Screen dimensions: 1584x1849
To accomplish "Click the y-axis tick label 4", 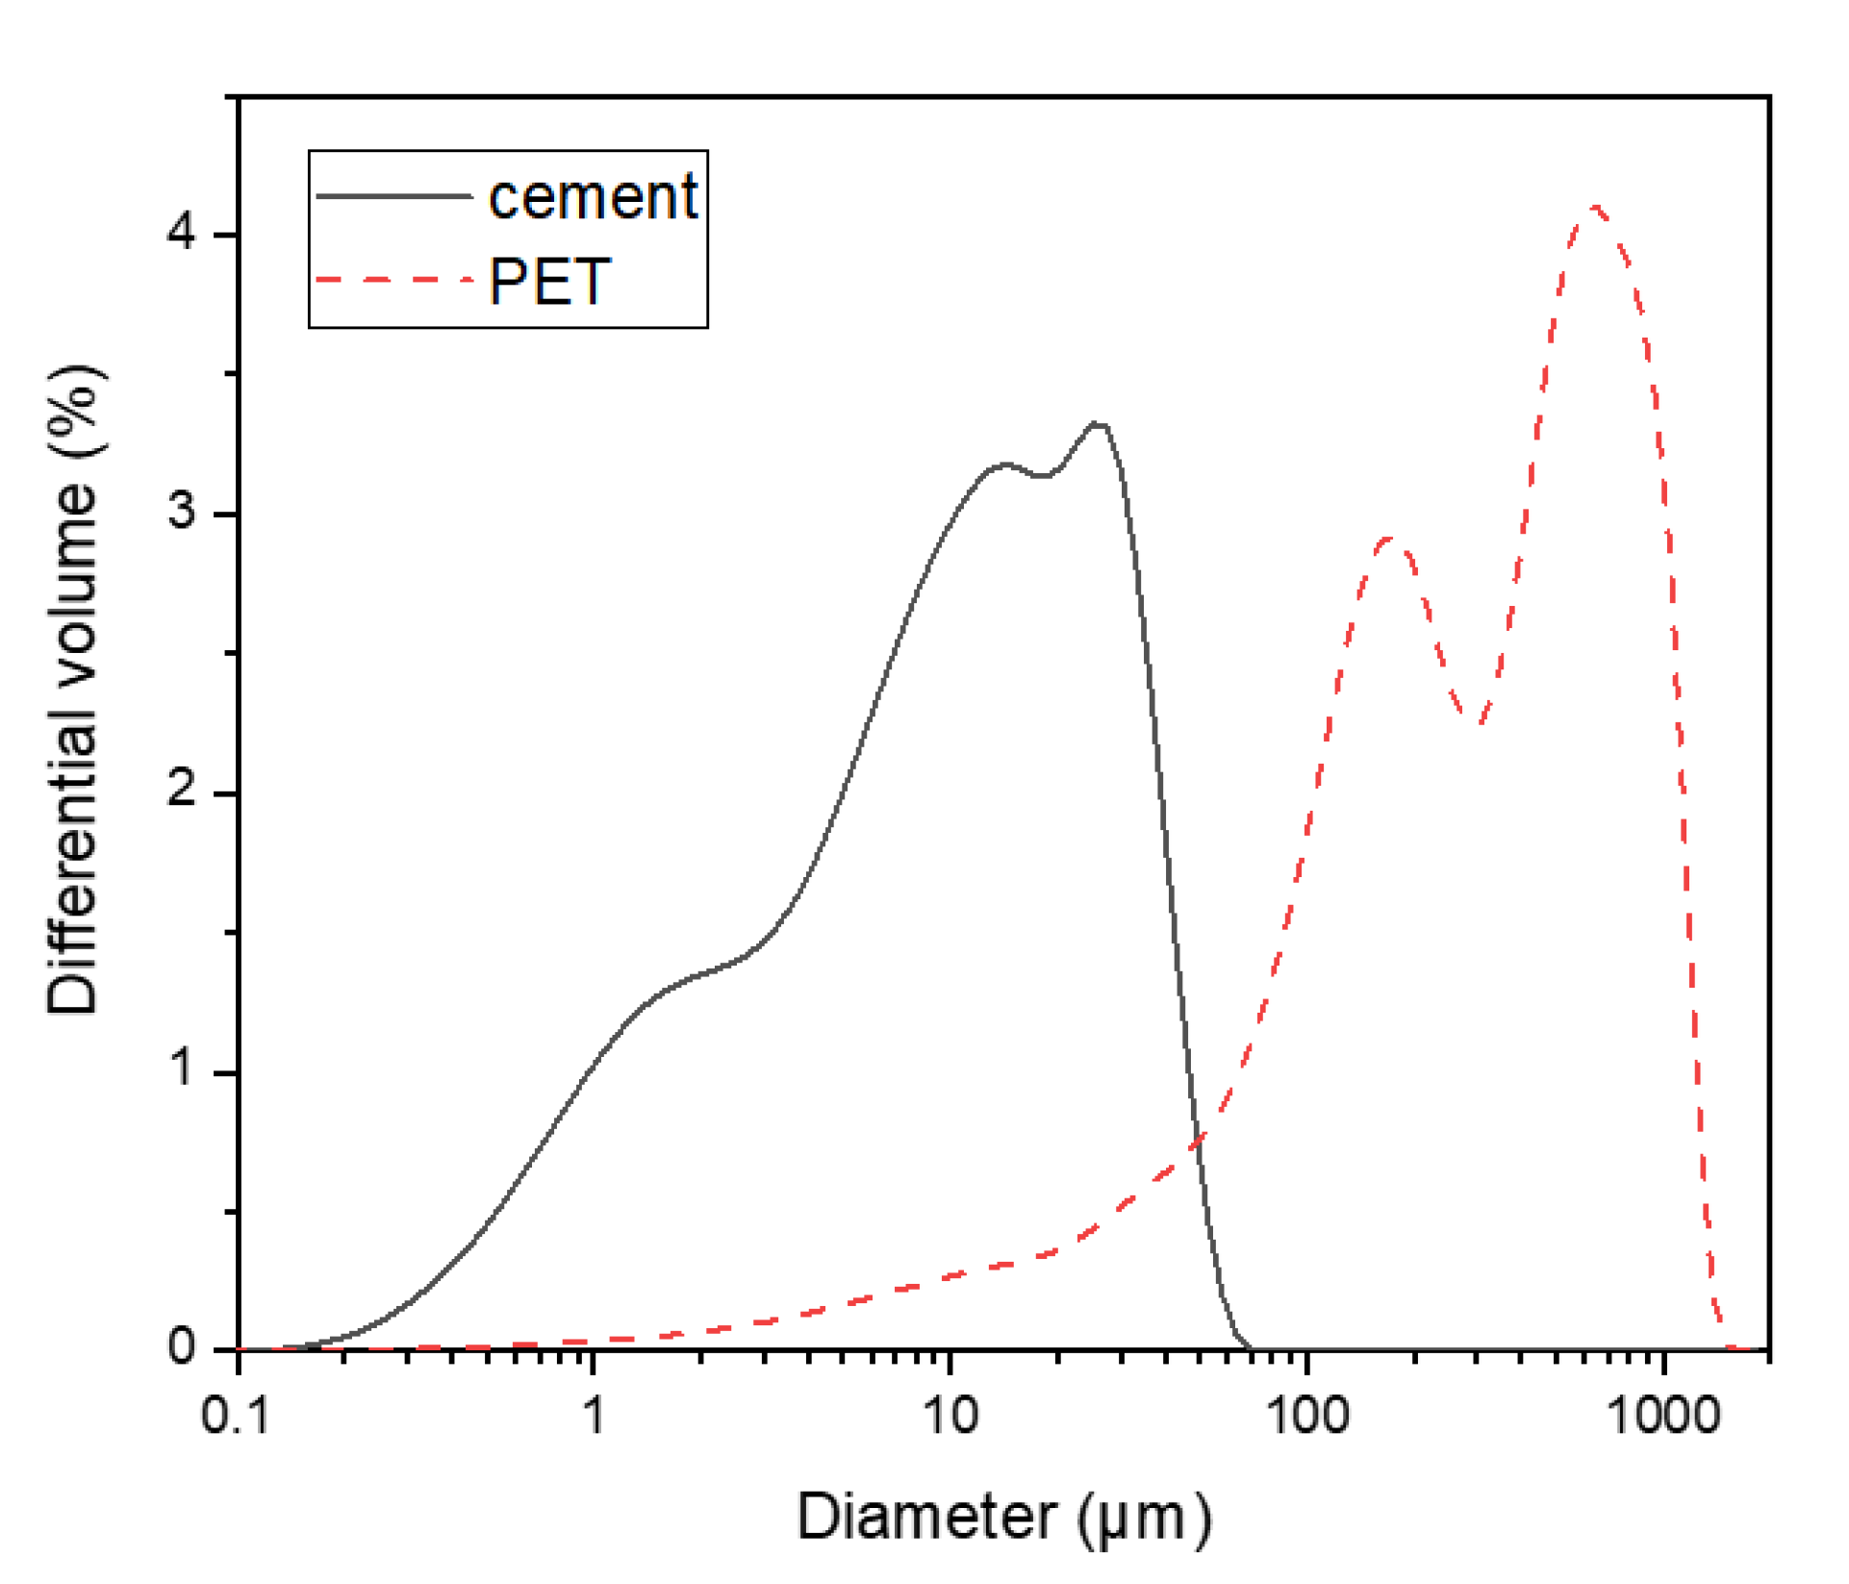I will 181,232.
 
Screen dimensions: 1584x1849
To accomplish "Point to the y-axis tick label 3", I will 181,511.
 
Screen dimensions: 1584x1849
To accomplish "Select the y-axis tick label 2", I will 181,791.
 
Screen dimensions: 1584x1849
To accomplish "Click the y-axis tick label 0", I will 181,1347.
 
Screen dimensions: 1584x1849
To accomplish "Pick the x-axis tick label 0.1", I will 236,1417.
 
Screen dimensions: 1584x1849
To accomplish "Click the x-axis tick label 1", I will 595,1417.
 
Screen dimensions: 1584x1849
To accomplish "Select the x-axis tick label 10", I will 950,1417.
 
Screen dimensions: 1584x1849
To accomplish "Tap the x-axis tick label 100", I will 1307,1417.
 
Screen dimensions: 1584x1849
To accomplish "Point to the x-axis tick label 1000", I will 1663,1417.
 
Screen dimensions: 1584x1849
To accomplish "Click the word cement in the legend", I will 593,197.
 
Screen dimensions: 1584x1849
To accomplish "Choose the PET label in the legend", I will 549,282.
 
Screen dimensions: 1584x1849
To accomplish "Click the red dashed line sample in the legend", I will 393,280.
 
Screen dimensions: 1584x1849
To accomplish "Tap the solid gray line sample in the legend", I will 393,196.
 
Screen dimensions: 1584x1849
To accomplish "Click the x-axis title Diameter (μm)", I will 1003,1518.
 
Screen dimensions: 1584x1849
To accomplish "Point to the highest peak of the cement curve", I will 1097,423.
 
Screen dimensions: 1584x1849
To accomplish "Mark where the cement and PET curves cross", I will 1198,1143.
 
